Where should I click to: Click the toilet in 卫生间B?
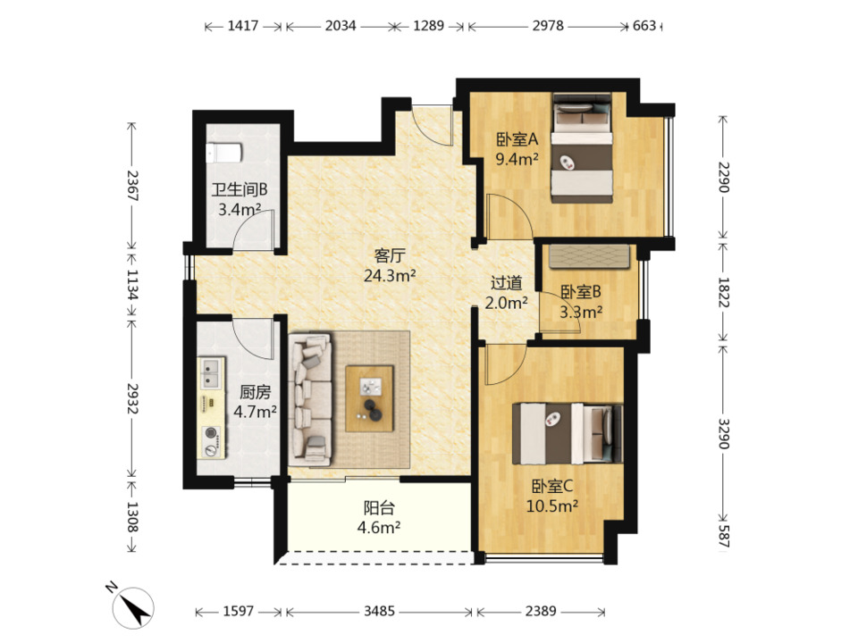pos(223,153)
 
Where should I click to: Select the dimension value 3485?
pos(379,611)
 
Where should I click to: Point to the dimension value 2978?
pos(548,26)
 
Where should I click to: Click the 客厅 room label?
pos(390,255)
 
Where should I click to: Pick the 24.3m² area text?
pos(390,275)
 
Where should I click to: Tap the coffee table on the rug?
pos(369,398)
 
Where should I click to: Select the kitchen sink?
pos(211,372)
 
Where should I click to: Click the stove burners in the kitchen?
pos(211,440)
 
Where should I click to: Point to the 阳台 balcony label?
pos(379,508)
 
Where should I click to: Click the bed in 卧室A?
pos(581,148)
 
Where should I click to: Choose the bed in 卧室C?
pos(568,434)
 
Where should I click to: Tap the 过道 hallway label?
pos(506,283)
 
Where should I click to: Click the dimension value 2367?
pos(132,186)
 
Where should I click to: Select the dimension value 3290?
pos(723,433)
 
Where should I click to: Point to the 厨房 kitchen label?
pos(255,392)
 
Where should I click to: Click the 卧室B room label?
pos(581,291)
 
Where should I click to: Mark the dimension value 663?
pos(644,26)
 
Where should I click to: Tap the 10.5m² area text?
pos(552,506)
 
